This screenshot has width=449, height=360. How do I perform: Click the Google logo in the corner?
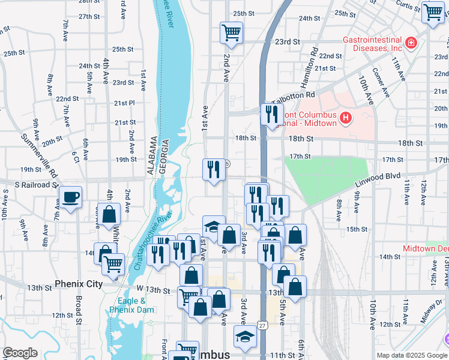coord(20,353)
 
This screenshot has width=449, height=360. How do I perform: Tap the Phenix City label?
coord(78,284)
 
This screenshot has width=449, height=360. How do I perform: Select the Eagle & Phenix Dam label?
coord(131,305)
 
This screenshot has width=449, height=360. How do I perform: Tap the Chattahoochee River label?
coord(154,240)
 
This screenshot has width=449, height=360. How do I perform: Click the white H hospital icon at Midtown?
coord(345,118)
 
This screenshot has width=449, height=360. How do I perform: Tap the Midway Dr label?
coord(432,312)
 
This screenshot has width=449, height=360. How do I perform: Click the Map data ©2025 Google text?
coord(411,355)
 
